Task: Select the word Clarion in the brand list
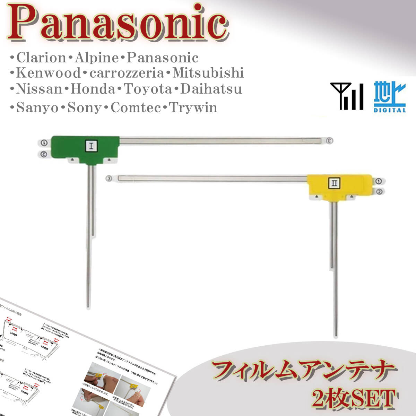[x=41, y=58]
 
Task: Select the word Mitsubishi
[x=208, y=73]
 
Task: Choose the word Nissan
[x=38, y=89]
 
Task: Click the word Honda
[x=93, y=89]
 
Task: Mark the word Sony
[x=84, y=108]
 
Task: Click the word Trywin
[x=193, y=108]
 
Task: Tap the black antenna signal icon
[x=347, y=96]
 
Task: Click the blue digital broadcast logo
[x=390, y=97]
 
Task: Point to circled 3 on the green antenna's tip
[x=330, y=141]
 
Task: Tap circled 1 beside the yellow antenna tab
[x=379, y=181]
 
